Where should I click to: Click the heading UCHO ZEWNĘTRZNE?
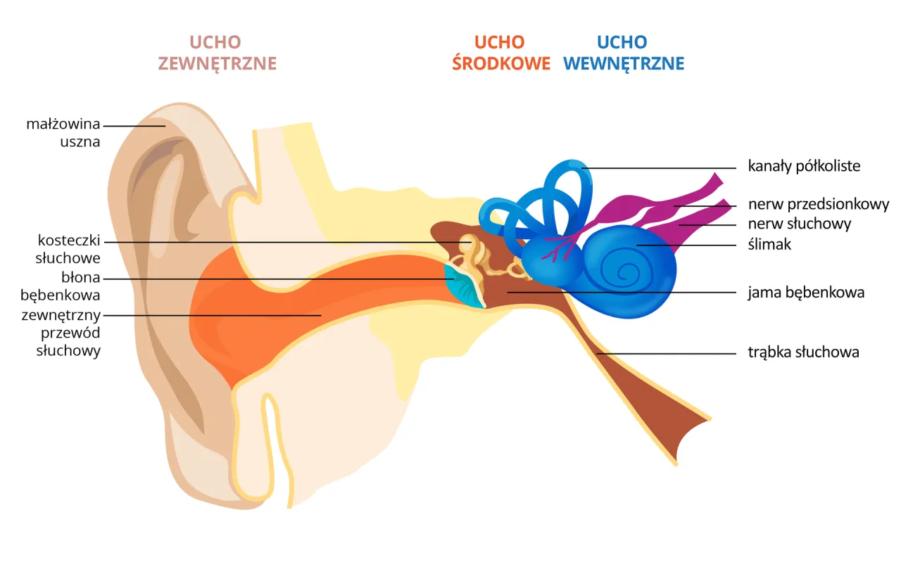click(217, 53)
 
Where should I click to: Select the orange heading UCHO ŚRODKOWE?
click(500, 53)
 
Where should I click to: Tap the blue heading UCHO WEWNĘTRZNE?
click(624, 53)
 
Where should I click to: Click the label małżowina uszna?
click(63, 133)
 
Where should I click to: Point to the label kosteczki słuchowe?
click(68, 250)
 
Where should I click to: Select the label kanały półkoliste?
click(804, 167)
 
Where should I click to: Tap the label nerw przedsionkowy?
click(819, 205)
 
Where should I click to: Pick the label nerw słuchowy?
click(800, 224)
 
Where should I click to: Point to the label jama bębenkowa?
click(806, 292)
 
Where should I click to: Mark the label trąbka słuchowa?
click(803, 352)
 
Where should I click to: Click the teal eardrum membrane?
click(465, 287)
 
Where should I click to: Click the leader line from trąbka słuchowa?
click(669, 353)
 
